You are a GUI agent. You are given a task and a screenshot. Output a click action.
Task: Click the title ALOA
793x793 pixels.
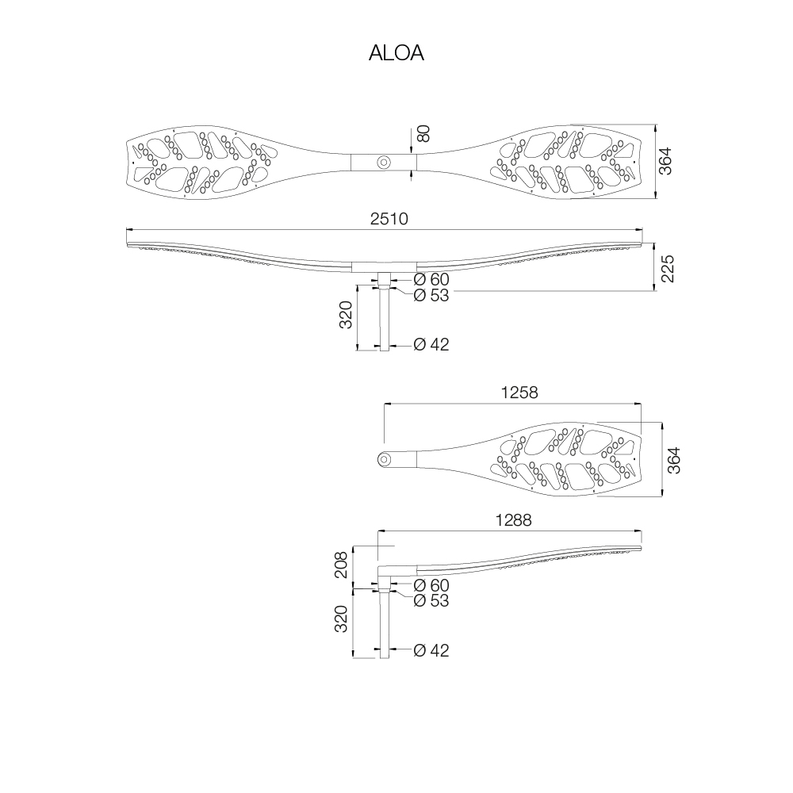(x=396, y=52)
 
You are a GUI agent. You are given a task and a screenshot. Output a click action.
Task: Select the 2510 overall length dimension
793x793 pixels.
(x=389, y=219)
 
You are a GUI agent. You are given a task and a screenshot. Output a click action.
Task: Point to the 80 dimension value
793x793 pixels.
(x=423, y=133)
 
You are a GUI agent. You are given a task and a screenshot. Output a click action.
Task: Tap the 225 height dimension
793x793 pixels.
(x=668, y=269)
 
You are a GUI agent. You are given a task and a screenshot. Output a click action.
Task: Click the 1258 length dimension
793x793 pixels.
(x=519, y=393)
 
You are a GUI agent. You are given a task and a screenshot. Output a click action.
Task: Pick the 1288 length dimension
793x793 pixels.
(x=513, y=520)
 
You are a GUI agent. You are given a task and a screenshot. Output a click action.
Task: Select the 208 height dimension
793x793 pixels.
(x=341, y=565)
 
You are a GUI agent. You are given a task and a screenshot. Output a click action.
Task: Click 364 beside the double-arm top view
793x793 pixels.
(x=665, y=161)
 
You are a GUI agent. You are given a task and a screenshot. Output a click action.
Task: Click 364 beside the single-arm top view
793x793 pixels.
(x=674, y=460)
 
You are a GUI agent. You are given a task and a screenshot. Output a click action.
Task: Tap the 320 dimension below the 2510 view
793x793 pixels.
(x=346, y=315)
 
